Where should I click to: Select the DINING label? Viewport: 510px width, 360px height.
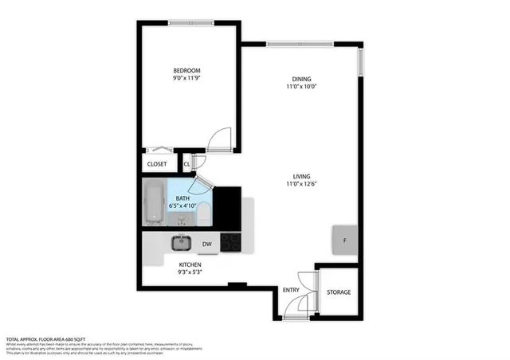301,79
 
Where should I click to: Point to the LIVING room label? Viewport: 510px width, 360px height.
301,176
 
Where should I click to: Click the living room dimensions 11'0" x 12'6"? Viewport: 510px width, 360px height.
301,186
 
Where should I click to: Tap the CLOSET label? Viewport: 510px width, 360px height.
158,164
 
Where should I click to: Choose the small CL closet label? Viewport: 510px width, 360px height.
186,164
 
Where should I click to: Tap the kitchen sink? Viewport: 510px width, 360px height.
181,243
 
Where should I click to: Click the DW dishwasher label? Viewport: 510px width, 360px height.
206,244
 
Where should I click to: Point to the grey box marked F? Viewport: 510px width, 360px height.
344,240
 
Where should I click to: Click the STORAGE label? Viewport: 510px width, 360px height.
339,292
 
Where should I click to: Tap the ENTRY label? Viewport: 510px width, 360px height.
291,290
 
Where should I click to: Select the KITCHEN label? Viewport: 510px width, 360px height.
190,264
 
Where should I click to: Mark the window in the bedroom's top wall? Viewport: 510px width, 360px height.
190,23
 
